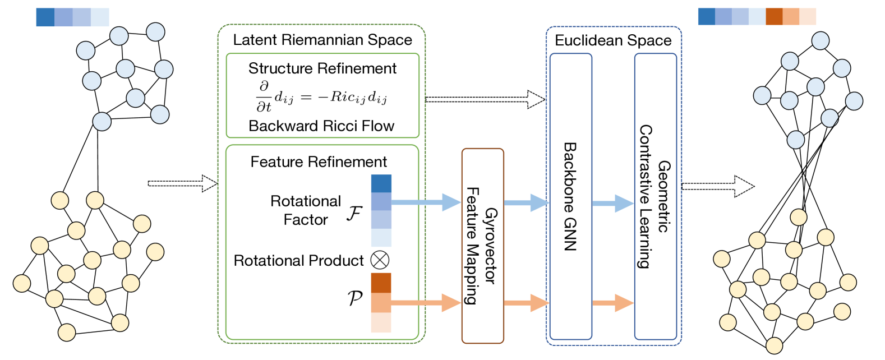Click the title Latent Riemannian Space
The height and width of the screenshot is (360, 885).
click(x=322, y=40)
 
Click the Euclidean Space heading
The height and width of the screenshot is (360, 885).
click(x=612, y=40)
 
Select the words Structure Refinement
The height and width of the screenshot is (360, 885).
click(x=322, y=68)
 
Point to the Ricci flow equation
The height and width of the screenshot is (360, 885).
click(x=322, y=97)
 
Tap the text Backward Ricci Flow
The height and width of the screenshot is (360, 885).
click(x=321, y=126)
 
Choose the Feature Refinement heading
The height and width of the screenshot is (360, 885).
click(x=319, y=162)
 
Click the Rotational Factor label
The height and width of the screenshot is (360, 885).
click(x=306, y=210)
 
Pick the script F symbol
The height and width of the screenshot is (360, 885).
click(x=354, y=214)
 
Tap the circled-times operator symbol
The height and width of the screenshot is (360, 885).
click(x=380, y=260)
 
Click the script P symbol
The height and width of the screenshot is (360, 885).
click(x=354, y=298)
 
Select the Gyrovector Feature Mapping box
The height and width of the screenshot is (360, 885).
click(x=482, y=246)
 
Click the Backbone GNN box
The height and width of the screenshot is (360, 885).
click(x=570, y=196)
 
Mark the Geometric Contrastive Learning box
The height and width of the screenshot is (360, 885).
click(x=655, y=196)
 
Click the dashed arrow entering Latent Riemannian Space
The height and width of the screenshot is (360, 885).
click(x=183, y=183)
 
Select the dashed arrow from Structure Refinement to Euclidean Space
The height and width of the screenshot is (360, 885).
click(x=485, y=99)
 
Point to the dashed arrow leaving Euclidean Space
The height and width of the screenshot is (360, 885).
click(x=718, y=186)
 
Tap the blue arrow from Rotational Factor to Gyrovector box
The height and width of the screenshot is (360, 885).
click(x=426, y=202)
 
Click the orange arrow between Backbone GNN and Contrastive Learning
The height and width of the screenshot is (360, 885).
click(x=613, y=303)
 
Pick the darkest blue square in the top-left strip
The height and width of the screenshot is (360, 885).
click(x=45, y=17)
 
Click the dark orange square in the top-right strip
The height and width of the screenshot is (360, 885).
click(x=774, y=17)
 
